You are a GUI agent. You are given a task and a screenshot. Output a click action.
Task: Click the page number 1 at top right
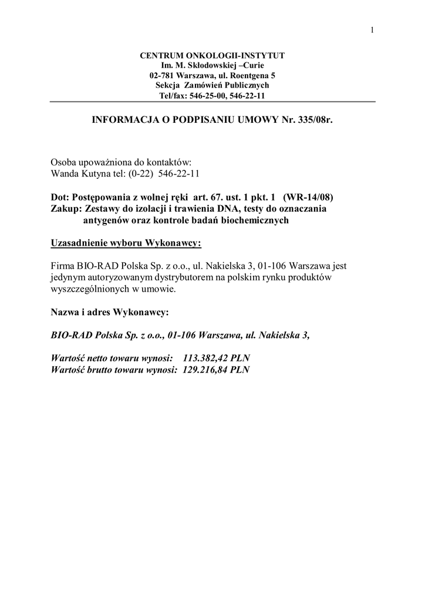pos(372,31)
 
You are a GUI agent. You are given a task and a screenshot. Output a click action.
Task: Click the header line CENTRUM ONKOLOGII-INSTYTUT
pos(212,55)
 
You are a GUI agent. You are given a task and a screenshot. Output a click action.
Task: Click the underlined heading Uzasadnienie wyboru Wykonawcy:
pos(126,243)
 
